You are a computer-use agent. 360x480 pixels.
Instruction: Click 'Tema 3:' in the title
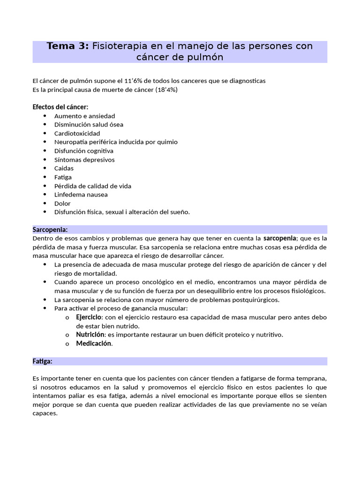click(x=67, y=46)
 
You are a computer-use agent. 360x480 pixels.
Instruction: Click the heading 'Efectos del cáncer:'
click(x=60, y=107)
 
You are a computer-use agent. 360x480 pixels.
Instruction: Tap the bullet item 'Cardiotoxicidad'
click(x=77, y=133)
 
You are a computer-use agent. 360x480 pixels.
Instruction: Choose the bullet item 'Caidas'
click(x=64, y=168)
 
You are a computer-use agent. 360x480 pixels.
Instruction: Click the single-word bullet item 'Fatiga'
click(x=63, y=177)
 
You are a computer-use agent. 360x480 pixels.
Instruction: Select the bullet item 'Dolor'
click(x=62, y=203)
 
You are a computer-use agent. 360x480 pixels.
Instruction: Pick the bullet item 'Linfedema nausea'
click(x=81, y=195)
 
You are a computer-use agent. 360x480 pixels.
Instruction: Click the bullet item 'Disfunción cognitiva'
click(x=83, y=151)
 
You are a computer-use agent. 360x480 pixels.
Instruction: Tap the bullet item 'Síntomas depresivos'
click(x=84, y=159)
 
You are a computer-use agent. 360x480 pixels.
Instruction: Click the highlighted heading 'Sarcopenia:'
click(x=50, y=230)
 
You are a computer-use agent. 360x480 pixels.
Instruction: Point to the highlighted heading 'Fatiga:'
click(x=42, y=361)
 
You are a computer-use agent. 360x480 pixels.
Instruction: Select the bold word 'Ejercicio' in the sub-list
click(x=90, y=317)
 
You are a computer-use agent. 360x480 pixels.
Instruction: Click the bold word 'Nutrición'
click(x=90, y=335)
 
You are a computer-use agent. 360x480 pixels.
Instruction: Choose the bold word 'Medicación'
click(x=94, y=344)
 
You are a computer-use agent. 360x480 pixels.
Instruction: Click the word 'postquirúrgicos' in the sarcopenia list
click(x=255, y=300)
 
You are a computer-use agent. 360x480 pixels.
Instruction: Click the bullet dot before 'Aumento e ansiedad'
click(x=45, y=116)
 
